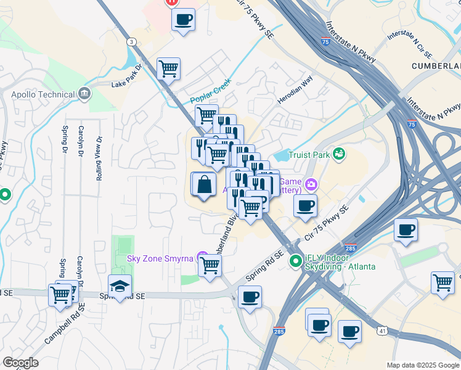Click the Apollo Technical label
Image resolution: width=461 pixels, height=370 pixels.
(x=42, y=95)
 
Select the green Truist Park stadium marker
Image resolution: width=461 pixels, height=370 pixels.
(x=338, y=154)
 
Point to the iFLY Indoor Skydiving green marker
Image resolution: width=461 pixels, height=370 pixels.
(x=296, y=260)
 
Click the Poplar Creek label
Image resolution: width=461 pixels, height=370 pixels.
(x=210, y=91)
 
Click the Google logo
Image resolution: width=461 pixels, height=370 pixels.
(x=20, y=363)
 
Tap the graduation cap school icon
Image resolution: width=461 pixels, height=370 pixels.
(x=120, y=286)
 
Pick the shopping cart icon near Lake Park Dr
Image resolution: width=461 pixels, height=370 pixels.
(x=168, y=68)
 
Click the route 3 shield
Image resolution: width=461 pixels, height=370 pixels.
(x=131, y=41)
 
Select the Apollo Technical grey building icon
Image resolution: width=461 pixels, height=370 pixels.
(x=84, y=94)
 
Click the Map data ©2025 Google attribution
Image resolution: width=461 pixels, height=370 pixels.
(x=423, y=365)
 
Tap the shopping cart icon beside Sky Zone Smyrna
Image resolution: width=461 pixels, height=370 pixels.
(x=210, y=265)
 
